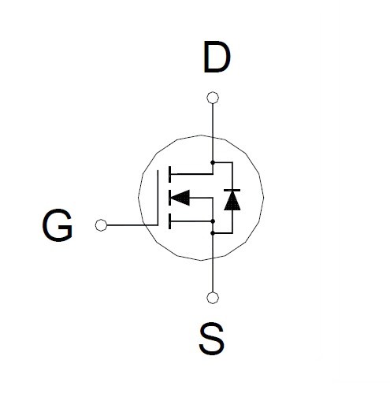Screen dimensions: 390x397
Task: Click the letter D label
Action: click(217, 57)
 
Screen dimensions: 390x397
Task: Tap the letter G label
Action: click(57, 225)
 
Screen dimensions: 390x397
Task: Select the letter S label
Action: click(212, 339)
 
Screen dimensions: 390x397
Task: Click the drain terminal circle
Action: click(213, 98)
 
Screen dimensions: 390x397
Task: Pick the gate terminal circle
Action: click(101, 225)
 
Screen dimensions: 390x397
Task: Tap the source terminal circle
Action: click(213, 298)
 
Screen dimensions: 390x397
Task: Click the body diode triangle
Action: click(232, 201)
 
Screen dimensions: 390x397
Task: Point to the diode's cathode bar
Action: click(232, 190)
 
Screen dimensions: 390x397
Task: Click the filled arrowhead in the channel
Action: click(180, 198)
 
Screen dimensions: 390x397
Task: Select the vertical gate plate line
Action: click(158, 198)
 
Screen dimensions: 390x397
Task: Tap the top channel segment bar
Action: click(169, 174)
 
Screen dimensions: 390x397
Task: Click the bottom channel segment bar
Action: click(169, 221)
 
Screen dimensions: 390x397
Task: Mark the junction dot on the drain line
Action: click(213, 162)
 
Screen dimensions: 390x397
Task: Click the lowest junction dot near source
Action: click(213, 233)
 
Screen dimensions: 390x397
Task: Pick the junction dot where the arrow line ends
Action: click(213, 221)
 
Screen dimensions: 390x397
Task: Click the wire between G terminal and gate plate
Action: click(132, 225)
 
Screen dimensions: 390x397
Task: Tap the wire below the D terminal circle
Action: click(213, 132)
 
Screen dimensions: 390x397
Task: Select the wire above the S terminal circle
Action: click(213, 263)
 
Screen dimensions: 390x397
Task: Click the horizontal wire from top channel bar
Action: click(191, 174)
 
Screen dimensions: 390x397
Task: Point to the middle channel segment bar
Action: click(169, 198)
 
